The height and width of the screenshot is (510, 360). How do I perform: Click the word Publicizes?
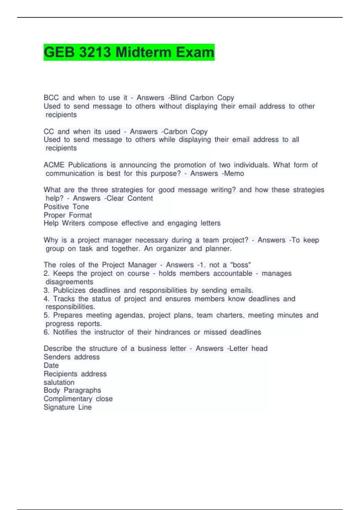tap(69, 290)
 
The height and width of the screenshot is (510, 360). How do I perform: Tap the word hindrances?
tap(172, 332)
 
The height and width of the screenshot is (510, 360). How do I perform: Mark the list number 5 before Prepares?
tap(46, 315)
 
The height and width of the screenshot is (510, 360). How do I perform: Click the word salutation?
tap(59, 382)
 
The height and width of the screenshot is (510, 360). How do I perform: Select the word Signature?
tap(59, 407)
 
